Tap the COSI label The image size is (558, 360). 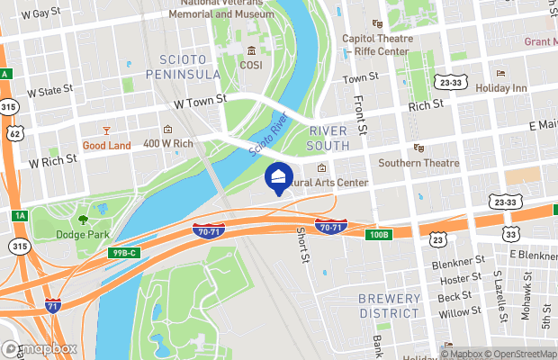[250, 65]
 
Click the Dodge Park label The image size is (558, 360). [83, 235]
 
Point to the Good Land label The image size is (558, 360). [106, 145]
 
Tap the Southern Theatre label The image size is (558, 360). [418, 163]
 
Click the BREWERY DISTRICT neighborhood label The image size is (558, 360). [389, 305]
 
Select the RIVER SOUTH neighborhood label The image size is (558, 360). [327, 138]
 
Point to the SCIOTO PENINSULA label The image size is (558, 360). [183, 66]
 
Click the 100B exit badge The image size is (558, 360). [380, 235]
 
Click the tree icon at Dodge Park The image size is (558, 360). [83, 219]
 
